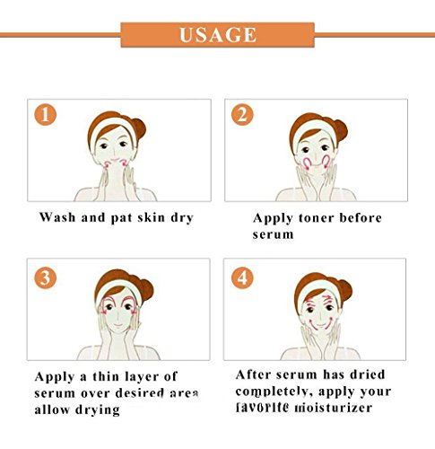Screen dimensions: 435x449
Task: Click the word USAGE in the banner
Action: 218,35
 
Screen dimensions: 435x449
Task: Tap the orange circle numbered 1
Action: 46,115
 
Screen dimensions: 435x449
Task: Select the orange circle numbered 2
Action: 242,115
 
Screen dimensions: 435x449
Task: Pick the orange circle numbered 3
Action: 46,278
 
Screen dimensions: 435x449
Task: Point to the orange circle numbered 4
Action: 242,278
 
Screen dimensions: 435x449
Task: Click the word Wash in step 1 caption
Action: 57,217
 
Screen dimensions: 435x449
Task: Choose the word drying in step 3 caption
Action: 98,409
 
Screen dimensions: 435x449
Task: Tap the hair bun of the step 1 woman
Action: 138,128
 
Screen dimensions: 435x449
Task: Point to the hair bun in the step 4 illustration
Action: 344,290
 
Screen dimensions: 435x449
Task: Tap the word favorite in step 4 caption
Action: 262,408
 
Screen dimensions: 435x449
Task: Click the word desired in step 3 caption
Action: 140,393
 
